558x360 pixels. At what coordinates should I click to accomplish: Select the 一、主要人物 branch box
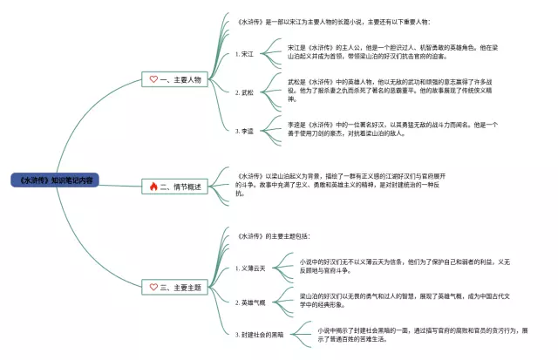174,79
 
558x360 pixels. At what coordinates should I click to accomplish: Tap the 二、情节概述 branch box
174,187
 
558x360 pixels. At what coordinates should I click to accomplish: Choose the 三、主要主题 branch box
174,287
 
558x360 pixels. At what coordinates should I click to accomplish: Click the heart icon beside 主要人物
153,79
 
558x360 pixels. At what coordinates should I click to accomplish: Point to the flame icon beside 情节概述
153,187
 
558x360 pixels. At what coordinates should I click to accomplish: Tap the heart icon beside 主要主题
153,287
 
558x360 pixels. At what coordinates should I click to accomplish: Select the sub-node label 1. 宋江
244,54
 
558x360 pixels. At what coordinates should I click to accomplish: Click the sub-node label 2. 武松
244,92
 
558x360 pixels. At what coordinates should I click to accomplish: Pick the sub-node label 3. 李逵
244,130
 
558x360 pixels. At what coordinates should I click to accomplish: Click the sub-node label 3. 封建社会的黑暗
261,334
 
